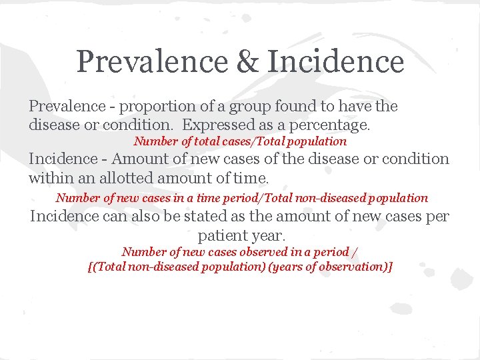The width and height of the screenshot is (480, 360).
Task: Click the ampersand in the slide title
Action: pos(248,62)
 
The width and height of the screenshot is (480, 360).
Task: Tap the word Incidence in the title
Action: pos(335,62)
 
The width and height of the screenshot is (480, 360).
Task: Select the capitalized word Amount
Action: pos(137,159)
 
